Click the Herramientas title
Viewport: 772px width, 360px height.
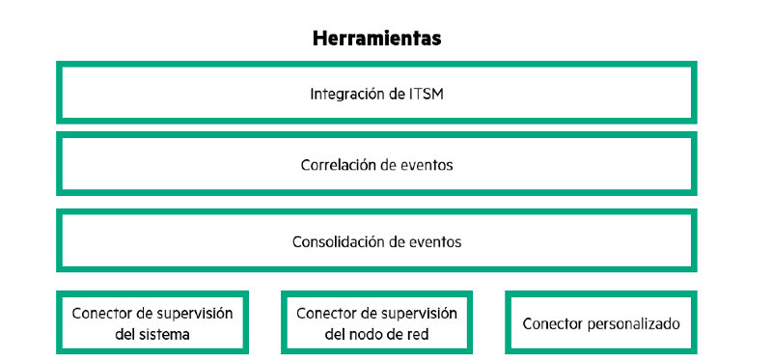376,39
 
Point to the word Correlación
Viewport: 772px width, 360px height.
337,165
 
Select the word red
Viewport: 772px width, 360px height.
418,335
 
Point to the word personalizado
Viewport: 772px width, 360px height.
636,324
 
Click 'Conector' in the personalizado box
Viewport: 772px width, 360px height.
554,324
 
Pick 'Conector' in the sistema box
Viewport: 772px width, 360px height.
103,314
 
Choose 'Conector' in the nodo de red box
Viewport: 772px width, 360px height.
327,314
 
